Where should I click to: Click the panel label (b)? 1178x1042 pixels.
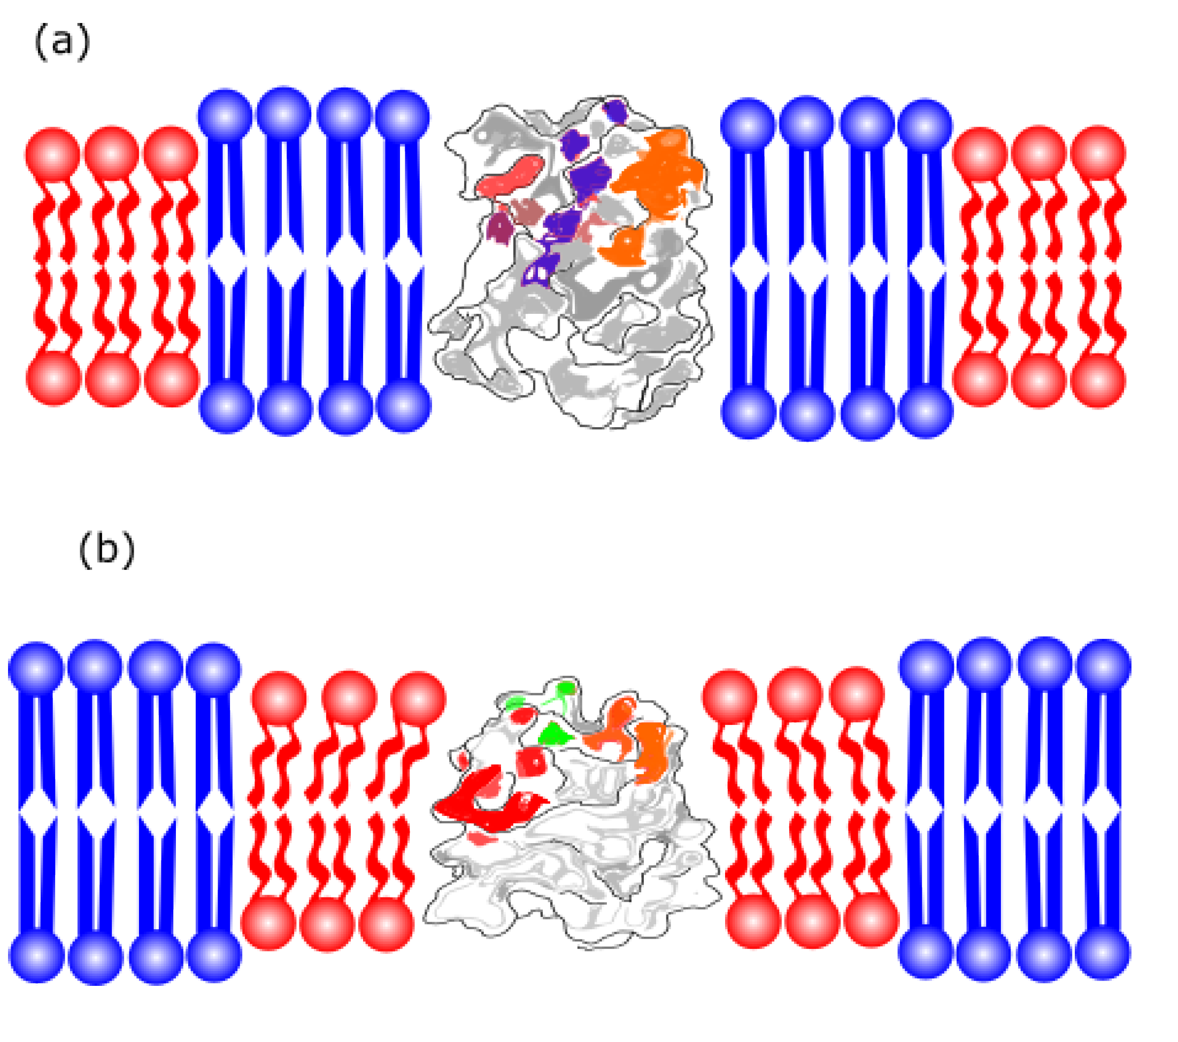coord(106,550)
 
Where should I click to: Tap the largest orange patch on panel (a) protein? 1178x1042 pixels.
coord(660,173)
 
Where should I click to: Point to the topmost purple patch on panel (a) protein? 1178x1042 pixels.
coord(615,111)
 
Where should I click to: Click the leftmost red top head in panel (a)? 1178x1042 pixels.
coord(53,155)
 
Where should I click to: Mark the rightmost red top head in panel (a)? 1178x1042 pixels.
coord(1098,153)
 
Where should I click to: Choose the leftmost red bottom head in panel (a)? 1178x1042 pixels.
coord(54,379)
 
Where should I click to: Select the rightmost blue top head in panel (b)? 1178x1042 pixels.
coord(1103,666)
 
